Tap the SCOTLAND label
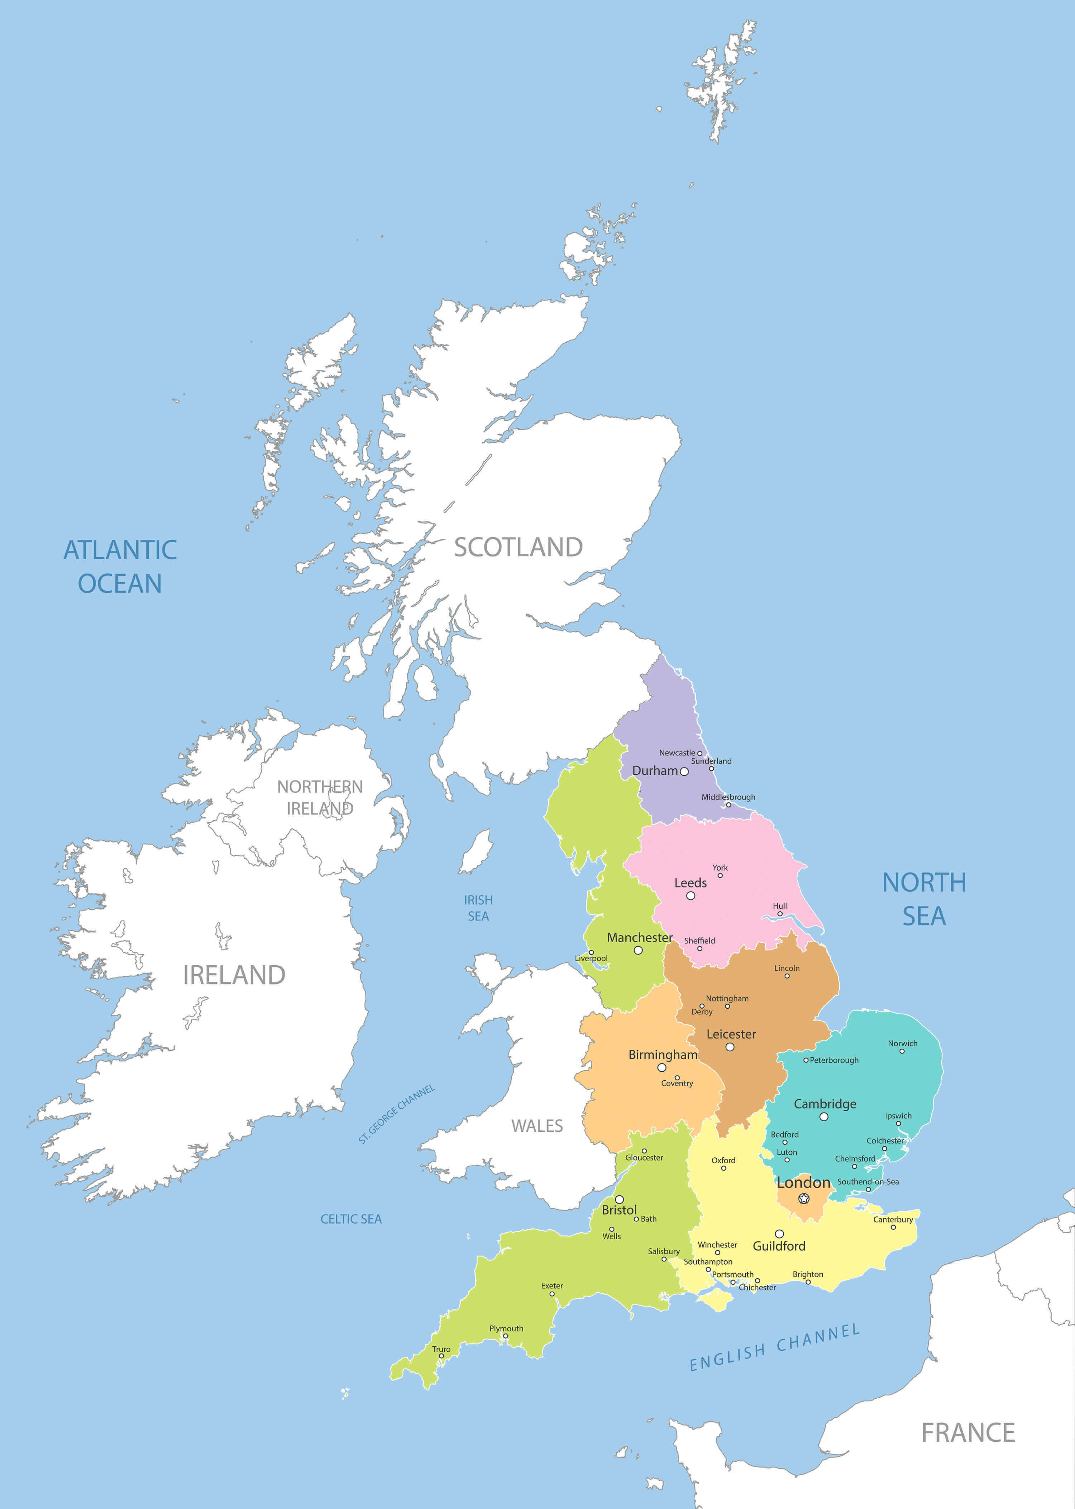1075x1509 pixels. pyautogui.click(x=518, y=548)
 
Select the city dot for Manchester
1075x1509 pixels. pyautogui.click(x=638, y=951)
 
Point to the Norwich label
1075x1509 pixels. pyautogui.click(x=902, y=1043)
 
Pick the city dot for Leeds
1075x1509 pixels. pyautogui.click(x=691, y=896)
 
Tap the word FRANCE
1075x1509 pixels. pyautogui.click(x=968, y=1433)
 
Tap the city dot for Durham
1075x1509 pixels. pyautogui.click(x=684, y=772)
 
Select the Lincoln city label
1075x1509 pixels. pyautogui.click(x=787, y=968)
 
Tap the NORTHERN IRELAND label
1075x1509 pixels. pyautogui.click(x=320, y=797)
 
